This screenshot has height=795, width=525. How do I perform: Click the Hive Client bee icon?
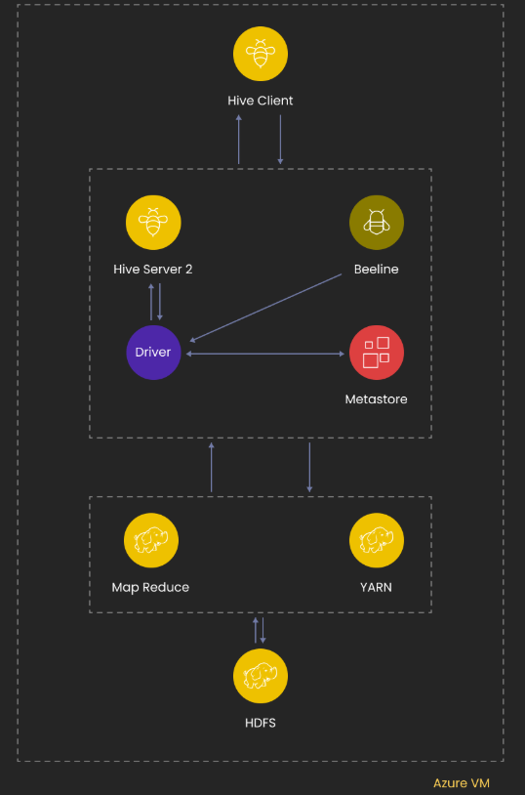point(261,54)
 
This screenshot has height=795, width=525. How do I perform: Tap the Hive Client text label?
point(261,101)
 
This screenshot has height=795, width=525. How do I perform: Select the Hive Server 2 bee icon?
point(153,223)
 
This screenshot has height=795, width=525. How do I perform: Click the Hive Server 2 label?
point(153,269)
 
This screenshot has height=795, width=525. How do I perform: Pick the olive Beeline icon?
point(377,223)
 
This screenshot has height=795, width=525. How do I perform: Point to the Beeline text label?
point(377,269)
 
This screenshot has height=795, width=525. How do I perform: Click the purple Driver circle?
point(153,352)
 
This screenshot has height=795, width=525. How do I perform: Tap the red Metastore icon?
point(377,353)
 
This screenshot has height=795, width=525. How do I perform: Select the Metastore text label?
point(377,398)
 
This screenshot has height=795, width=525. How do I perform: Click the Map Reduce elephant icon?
point(151,540)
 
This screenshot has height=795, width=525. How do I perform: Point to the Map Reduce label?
point(151,587)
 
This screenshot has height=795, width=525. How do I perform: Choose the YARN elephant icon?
point(377,540)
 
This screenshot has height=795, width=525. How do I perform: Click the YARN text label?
point(377,587)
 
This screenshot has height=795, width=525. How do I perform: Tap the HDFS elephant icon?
point(261,676)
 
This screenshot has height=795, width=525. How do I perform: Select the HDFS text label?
point(261,723)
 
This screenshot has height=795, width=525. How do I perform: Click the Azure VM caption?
point(462,782)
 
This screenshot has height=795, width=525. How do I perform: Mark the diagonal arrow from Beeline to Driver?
point(265,308)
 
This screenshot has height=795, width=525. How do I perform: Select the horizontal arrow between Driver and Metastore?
point(264,354)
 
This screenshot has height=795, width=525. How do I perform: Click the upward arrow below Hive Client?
point(239,140)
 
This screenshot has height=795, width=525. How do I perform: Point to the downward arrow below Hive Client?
point(280,140)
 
